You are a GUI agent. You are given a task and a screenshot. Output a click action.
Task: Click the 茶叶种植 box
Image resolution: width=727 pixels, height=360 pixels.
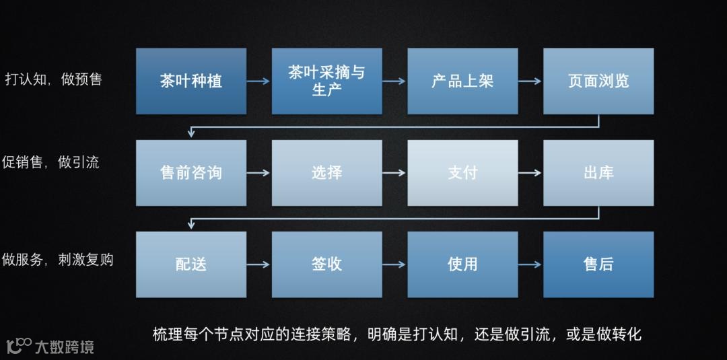pyautogui.click(x=191, y=81)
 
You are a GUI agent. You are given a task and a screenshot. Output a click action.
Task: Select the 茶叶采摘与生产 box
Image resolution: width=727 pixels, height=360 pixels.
pyautogui.click(x=326, y=81)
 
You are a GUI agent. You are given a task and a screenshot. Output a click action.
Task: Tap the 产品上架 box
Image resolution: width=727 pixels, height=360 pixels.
pyautogui.click(x=462, y=81)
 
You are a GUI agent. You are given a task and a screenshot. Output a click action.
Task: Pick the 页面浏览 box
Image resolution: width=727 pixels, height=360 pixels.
pyautogui.click(x=598, y=81)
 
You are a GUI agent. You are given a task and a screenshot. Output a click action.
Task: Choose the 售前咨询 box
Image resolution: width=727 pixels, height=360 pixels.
pyautogui.click(x=191, y=173)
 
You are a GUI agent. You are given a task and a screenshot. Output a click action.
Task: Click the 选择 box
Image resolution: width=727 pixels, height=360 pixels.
pyautogui.click(x=326, y=173)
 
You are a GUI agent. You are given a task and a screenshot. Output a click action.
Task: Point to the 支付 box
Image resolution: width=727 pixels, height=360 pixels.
pyautogui.click(x=462, y=173)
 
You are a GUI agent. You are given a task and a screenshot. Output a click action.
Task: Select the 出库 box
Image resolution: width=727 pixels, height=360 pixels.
pyautogui.click(x=598, y=173)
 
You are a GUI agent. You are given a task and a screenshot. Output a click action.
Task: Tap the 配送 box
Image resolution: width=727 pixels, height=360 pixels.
pyautogui.click(x=191, y=264)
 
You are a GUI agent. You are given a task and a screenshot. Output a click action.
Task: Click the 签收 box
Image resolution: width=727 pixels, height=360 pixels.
pyautogui.click(x=326, y=264)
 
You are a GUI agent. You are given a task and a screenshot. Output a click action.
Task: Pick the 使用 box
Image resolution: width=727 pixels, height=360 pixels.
pyautogui.click(x=462, y=264)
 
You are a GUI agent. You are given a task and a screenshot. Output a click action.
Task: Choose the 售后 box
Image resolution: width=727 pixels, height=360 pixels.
pyautogui.click(x=598, y=264)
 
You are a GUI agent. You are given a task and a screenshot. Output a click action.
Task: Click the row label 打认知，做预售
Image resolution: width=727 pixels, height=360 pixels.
pyautogui.click(x=53, y=79)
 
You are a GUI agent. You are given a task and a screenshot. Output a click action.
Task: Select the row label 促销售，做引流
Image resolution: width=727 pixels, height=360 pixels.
pyautogui.click(x=51, y=162)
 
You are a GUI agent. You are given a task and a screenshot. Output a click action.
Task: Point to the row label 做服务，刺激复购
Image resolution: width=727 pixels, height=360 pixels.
pyautogui.click(x=57, y=259)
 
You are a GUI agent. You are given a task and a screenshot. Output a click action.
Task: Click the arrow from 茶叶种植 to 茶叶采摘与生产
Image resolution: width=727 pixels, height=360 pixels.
pyautogui.click(x=259, y=81)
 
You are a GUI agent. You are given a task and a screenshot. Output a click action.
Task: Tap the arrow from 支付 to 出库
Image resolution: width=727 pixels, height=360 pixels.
pyautogui.click(x=530, y=173)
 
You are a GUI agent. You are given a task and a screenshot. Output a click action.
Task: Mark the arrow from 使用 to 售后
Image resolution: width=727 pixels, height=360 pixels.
pyautogui.click(x=530, y=264)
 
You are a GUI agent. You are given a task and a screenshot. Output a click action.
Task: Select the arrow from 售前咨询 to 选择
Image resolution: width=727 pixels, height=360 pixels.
pyautogui.click(x=259, y=173)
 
